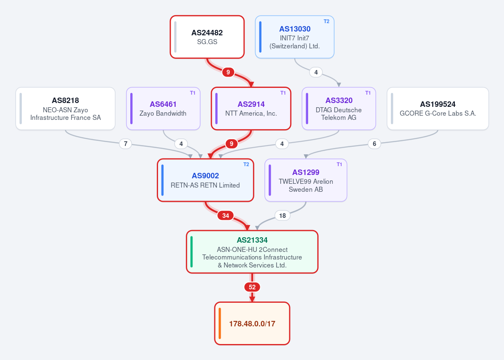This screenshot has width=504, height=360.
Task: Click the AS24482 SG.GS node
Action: [x=207, y=37]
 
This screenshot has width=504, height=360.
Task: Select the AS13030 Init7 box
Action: [x=294, y=37]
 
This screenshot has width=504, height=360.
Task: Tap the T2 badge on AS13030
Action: [x=326, y=21]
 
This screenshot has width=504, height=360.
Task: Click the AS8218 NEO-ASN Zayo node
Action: [x=65, y=109]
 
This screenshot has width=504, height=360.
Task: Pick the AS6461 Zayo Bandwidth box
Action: [x=163, y=109]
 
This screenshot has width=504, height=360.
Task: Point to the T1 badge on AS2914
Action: [x=283, y=93]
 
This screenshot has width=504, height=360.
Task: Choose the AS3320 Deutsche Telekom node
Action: [x=339, y=109]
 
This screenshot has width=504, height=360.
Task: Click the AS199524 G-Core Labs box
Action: [x=438, y=109]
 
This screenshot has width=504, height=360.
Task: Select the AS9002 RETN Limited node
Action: [x=206, y=180]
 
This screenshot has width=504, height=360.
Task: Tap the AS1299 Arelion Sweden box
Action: [x=306, y=180]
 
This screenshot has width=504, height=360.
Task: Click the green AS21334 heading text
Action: [x=252, y=240]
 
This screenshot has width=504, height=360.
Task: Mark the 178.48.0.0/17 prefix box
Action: [x=252, y=323]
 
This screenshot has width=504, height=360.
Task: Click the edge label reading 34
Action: [x=226, y=216]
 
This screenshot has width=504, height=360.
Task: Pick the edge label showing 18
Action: [x=282, y=216]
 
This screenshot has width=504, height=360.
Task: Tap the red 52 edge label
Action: [x=252, y=287]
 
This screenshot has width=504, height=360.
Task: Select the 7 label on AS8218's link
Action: [x=125, y=144]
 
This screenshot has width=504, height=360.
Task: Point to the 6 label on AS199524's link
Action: [x=374, y=144]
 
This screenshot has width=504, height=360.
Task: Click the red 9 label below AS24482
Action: [x=228, y=72]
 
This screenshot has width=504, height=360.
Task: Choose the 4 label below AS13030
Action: [x=316, y=72]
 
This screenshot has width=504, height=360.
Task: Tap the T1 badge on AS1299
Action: [x=339, y=164]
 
